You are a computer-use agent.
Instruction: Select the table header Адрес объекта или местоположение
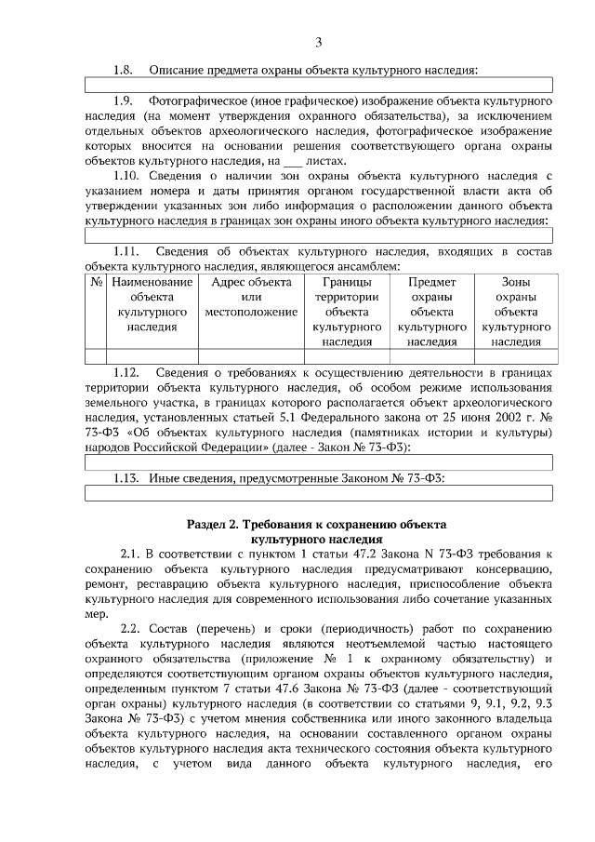click(x=251, y=296)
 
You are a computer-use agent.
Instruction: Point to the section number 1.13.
click(x=126, y=478)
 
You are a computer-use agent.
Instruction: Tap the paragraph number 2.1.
click(x=133, y=553)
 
